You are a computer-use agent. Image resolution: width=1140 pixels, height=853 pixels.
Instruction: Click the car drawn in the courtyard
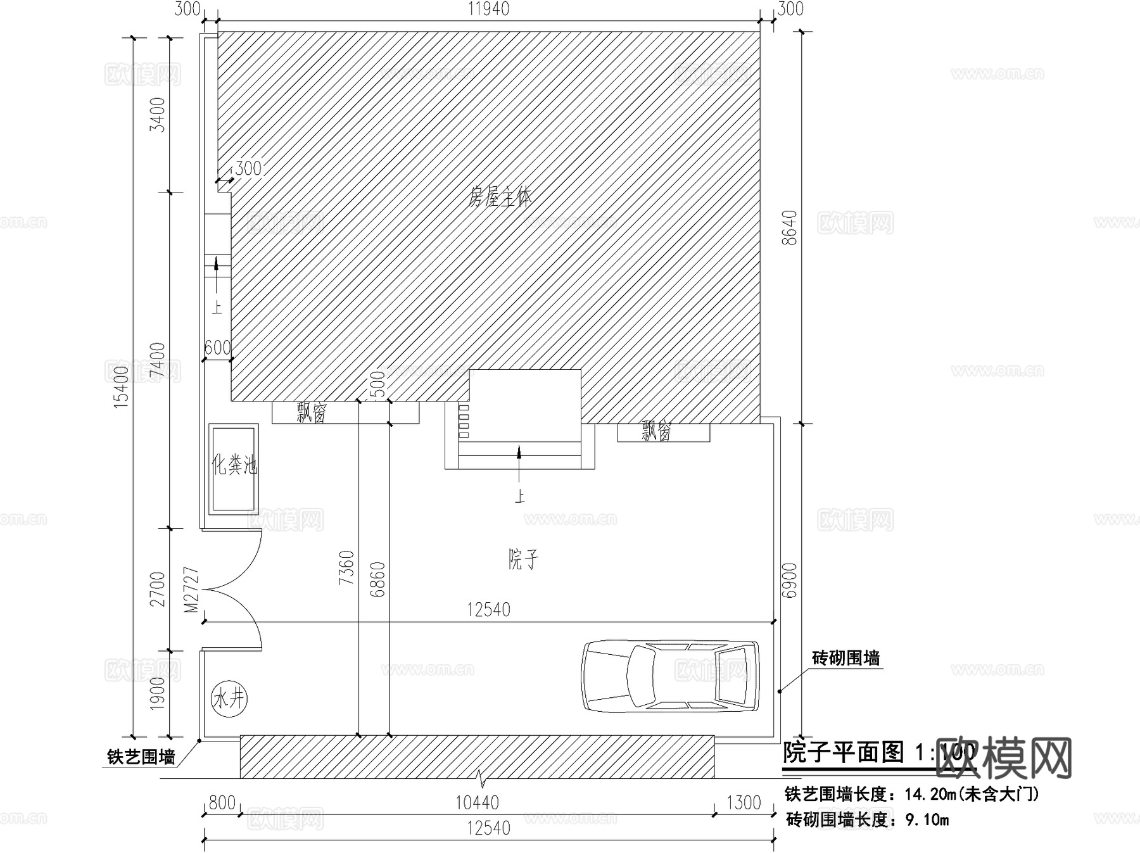click(x=670, y=676)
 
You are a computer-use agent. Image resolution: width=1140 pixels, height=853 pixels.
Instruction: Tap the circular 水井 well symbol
click(x=229, y=699)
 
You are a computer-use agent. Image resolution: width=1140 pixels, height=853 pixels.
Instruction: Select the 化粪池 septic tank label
click(x=234, y=465)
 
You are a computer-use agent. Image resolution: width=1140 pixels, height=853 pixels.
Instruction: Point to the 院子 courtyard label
click(x=524, y=559)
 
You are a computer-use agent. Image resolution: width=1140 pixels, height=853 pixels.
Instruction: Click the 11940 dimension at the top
click(x=488, y=9)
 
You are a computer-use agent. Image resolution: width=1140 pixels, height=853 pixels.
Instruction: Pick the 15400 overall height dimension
click(x=121, y=386)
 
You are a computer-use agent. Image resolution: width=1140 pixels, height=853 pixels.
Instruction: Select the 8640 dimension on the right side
click(x=790, y=228)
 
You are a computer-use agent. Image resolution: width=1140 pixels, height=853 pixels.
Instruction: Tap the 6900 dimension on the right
click(x=790, y=580)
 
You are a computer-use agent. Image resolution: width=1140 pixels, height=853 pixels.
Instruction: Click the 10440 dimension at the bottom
click(x=477, y=803)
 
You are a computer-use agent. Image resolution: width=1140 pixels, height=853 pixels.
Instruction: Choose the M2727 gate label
click(x=191, y=590)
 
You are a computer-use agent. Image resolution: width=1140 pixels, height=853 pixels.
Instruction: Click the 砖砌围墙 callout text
click(x=845, y=659)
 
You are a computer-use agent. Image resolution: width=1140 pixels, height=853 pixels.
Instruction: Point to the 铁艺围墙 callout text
click(x=141, y=757)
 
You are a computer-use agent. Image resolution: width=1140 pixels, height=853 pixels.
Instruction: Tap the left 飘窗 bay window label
click(x=312, y=414)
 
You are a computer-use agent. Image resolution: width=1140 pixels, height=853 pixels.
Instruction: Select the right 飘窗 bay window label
click(x=656, y=432)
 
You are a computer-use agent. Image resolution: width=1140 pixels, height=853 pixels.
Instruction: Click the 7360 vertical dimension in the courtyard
click(x=346, y=567)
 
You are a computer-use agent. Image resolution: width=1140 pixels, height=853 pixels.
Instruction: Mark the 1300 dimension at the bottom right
click(x=743, y=803)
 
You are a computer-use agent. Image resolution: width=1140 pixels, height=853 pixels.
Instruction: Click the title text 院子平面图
click(x=844, y=752)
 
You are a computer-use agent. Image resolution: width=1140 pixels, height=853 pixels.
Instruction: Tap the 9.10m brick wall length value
click(x=927, y=820)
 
